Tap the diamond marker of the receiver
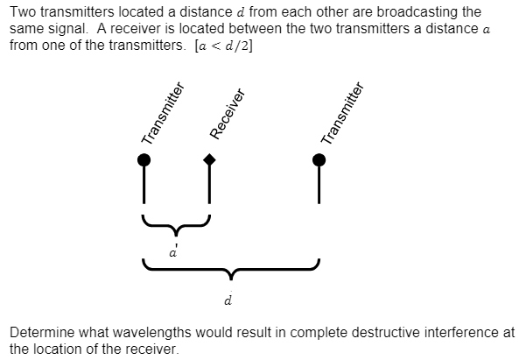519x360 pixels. pos(209,159)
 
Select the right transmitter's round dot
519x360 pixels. pos(319,159)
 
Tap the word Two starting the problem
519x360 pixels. pos(22,12)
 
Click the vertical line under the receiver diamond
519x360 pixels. pos(209,184)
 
